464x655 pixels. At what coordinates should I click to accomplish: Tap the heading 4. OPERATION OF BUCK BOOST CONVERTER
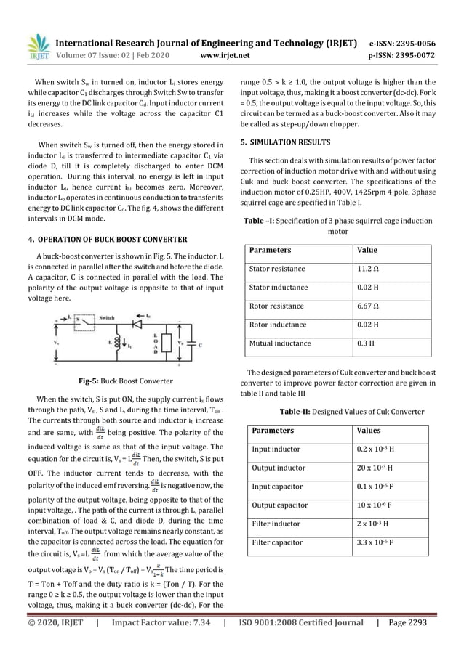point(107,240)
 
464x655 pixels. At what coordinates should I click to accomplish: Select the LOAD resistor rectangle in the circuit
point(156,341)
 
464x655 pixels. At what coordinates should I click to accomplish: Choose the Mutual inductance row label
point(280,343)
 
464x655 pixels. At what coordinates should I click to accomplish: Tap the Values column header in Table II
point(369,430)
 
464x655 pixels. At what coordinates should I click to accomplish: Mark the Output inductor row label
point(279,467)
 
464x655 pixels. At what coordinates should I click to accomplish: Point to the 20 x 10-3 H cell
point(377,467)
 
